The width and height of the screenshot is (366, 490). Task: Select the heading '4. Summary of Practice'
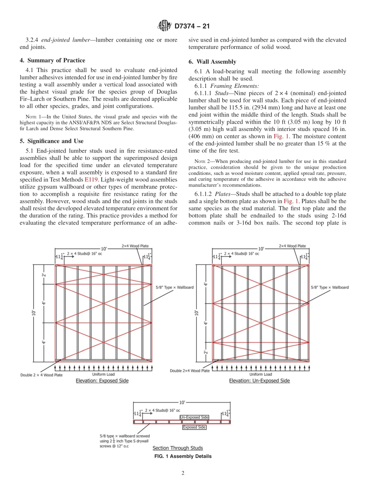click(x=52, y=60)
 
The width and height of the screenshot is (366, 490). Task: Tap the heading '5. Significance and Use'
click(x=52, y=141)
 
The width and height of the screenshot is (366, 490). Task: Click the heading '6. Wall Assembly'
click(x=212, y=62)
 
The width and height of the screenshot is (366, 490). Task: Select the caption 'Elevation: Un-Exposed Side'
click(x=259, y=381)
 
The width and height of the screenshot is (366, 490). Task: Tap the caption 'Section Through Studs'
click(x=178, y=448)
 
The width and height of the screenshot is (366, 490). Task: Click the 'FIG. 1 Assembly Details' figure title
click(x=183, y=456)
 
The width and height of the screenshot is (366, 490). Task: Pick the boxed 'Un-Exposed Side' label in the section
click(x=194, y=417)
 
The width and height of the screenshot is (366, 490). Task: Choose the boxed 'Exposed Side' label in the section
click(x=194, y=427)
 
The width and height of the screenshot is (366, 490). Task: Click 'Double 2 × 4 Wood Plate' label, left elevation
click(x=41, y=375)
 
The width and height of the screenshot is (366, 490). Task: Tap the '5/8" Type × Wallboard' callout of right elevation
click(x=329, y=287)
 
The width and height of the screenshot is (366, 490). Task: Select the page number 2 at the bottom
click(x=183, y=473)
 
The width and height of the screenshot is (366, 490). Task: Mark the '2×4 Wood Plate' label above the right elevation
click(x=292, y=246)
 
